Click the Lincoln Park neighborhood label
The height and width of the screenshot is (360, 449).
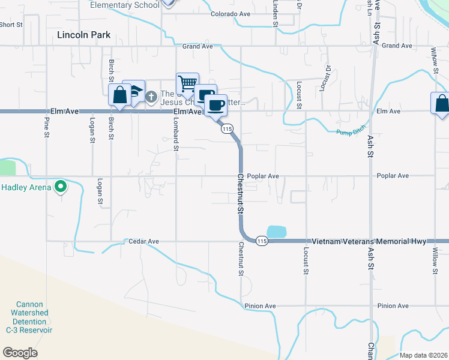83,35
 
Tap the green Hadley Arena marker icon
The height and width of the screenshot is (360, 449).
60,187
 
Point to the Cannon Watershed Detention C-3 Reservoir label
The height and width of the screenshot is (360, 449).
29,317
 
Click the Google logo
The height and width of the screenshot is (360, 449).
20,353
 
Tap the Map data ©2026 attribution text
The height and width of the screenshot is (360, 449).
423,355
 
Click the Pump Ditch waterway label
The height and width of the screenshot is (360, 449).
351,132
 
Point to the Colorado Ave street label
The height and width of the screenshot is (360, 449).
229,13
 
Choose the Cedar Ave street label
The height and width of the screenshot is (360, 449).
143,241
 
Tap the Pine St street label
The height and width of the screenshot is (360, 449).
46,126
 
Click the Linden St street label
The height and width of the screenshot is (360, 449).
275,12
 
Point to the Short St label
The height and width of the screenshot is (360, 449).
11,25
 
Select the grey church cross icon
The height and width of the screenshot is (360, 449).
151,96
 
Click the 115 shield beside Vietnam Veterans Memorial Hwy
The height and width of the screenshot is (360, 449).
261,241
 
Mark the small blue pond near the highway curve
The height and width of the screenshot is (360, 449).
276,232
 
